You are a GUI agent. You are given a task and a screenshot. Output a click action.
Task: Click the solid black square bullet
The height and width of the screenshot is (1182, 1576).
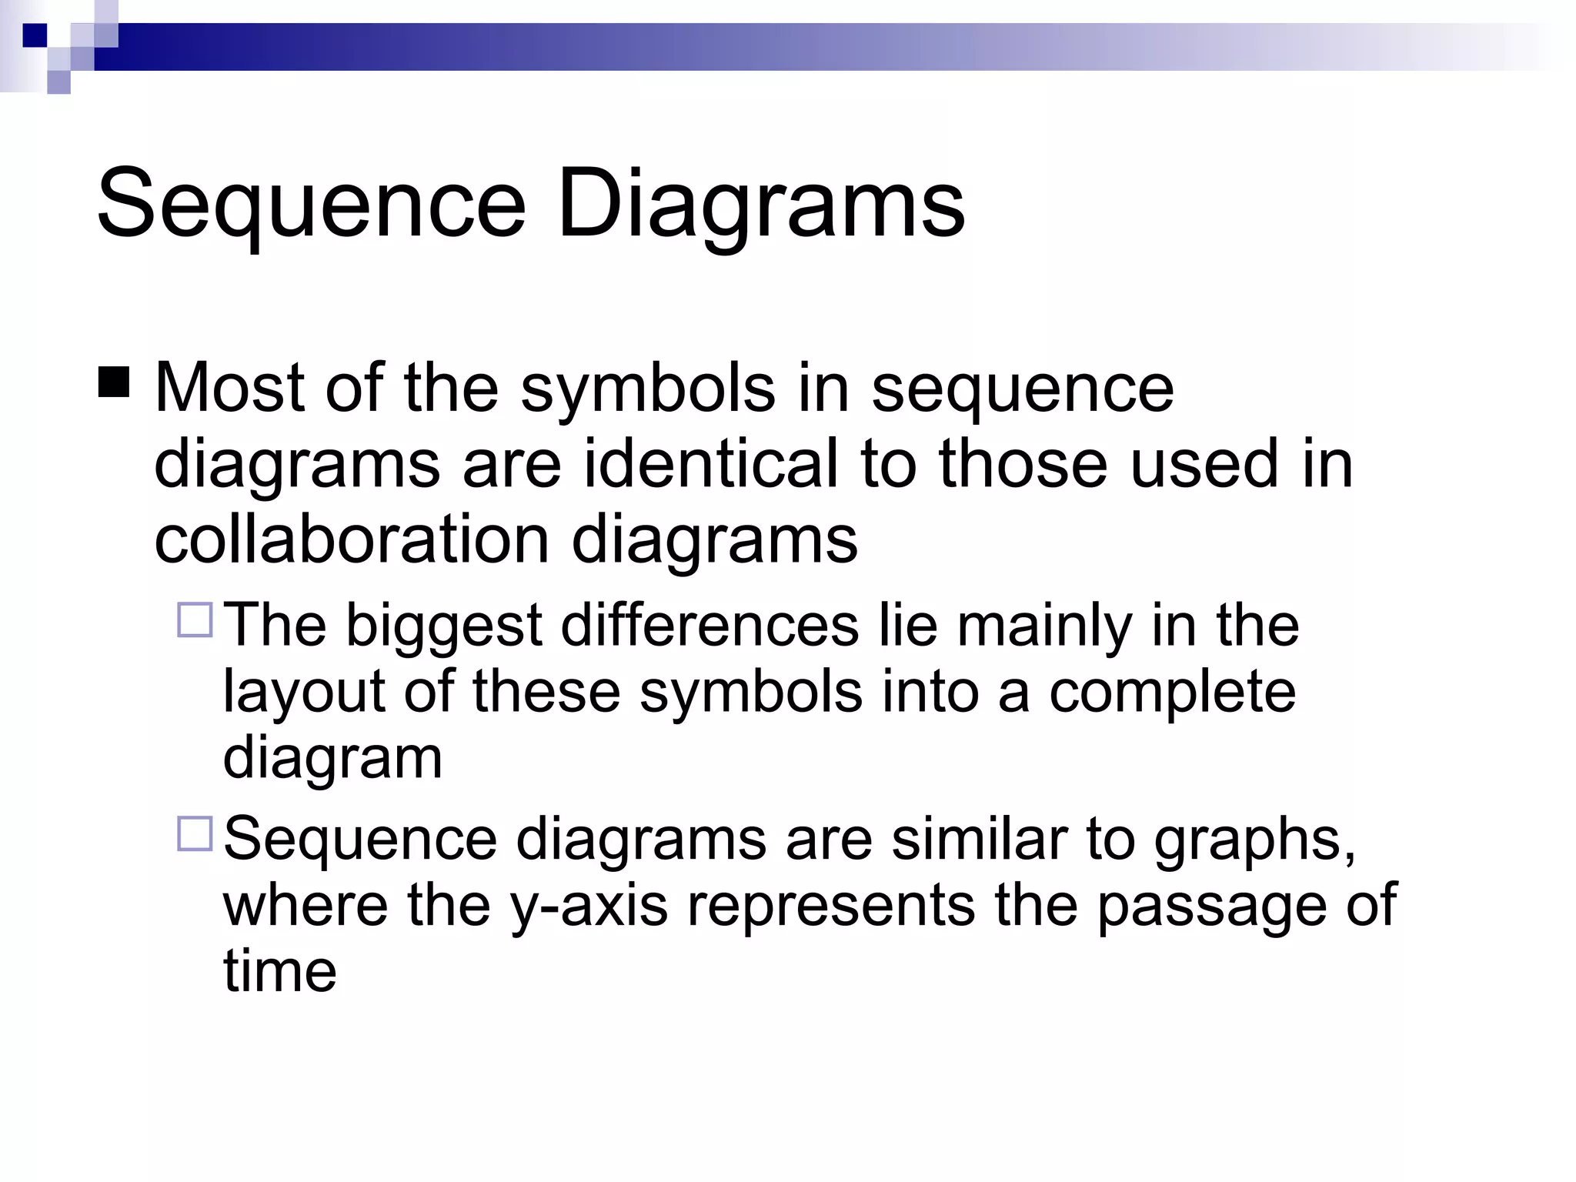coord(114,382)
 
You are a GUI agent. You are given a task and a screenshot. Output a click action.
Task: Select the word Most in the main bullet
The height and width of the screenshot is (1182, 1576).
coord(230,388)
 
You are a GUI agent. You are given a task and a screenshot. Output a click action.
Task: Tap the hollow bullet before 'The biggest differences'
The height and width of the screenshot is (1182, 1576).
coord(195,620)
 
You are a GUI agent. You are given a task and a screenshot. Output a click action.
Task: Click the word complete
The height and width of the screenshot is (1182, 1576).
coord(1173,691)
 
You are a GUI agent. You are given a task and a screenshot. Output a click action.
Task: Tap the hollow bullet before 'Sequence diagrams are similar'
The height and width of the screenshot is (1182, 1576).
coord(195,833)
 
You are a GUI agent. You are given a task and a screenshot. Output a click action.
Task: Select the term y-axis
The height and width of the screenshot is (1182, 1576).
coord(589,906)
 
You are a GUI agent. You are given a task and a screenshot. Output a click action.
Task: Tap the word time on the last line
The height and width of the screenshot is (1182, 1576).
coord(280,971)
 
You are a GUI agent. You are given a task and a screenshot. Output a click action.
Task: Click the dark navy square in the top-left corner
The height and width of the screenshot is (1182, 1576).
coord(35,35)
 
